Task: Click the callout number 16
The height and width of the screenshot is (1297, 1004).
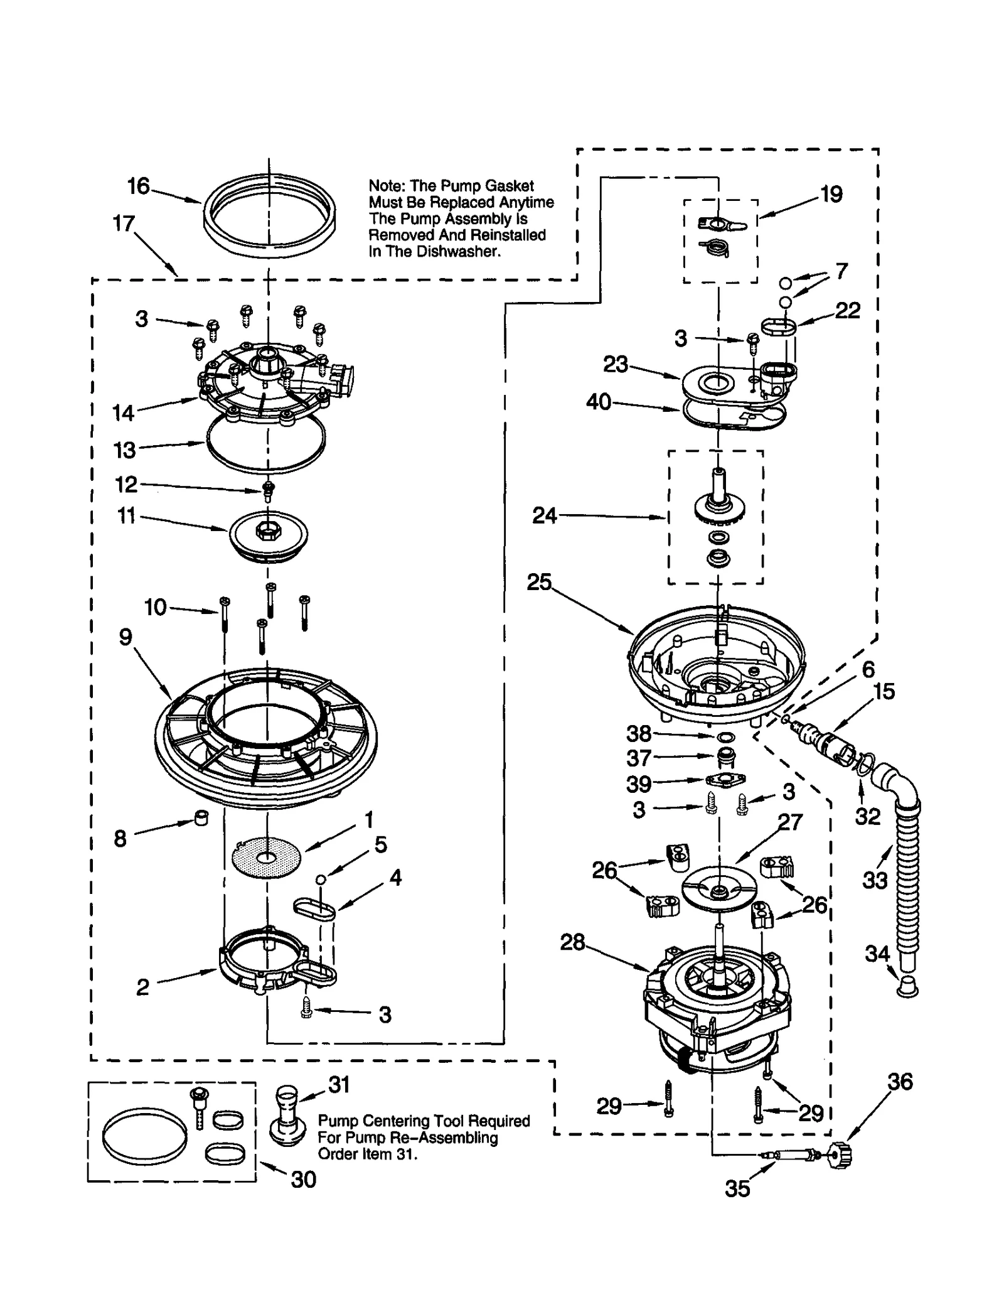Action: [x=138, y=186]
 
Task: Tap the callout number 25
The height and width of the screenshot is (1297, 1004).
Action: [x=538, y=583]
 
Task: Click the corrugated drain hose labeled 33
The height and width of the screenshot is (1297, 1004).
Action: [x=909, y=879]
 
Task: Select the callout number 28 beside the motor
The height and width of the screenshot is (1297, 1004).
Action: [x=572, y=942]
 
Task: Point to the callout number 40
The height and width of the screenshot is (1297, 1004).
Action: [x=598, y=402]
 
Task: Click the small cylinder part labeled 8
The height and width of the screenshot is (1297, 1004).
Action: [x=201, y=818]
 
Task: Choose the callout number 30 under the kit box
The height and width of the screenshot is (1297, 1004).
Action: [x=303, y=1180]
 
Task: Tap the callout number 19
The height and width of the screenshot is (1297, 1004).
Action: [x=831, y=194]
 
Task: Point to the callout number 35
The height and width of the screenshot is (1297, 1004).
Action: [x=737, y=1188]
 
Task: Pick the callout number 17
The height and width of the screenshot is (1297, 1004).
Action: [x=124, y=223]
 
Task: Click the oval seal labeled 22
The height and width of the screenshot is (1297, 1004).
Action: [x=779, y=326]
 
